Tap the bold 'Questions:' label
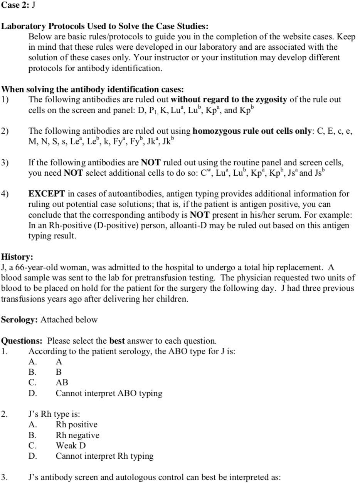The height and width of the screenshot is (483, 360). click(23, 341)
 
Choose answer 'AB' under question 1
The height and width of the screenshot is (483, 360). click(62, 382)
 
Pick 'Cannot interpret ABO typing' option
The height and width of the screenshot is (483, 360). click(109, 393)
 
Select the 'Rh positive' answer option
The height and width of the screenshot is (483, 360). click(76, 424)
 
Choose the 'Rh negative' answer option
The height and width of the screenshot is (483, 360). click(77, 435)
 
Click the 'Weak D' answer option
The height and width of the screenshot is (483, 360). click(71, 446)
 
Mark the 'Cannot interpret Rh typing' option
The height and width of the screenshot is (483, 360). click(104, 456)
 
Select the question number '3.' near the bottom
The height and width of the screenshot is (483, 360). click(4, 477)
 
